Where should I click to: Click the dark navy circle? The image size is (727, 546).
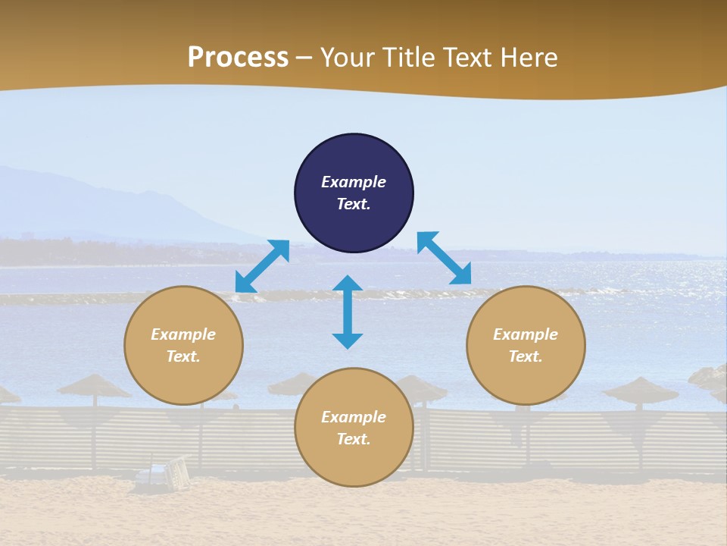pyautogui.click(x=354, y=193)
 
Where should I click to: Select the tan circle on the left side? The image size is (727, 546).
pyautogui.click(x=183, y=345)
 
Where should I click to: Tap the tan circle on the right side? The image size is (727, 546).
pyautogui.click(x=526, y=345)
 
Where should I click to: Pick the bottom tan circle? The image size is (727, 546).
pyautogui.click(x=354, y=428)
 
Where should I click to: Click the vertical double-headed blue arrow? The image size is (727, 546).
pyautogui.click(x=348, y=312)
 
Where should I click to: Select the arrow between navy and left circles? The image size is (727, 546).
pyautogui.click(x=262, y=266)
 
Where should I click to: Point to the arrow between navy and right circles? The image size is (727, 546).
pyautogui.click(x=444, y=258)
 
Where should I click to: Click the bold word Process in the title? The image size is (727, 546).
pyautogui.click(x=238, y=58)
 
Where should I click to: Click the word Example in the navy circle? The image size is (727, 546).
pyautogui.click(x=354, y=182)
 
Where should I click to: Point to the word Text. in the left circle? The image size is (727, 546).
pyautogui.click(x=183, y=356)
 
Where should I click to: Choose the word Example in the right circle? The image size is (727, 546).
pyautogui.click(x=526, y=334)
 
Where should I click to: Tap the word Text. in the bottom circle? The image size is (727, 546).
pyautogui.click(x=354, y=439)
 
